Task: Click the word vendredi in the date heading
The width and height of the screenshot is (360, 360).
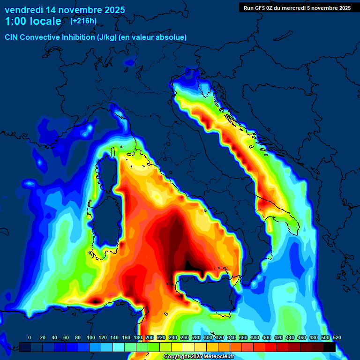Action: click(24, 9)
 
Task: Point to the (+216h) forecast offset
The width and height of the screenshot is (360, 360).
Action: click(83, 21)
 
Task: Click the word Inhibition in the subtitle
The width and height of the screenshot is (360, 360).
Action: click(79, 37)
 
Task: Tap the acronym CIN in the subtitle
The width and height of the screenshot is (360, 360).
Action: click(12, 37)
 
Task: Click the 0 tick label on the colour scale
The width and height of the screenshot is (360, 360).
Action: click(30, 337)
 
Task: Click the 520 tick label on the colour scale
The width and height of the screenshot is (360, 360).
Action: click(337, 337)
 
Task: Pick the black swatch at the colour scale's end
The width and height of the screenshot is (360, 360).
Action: click(330, 347)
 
